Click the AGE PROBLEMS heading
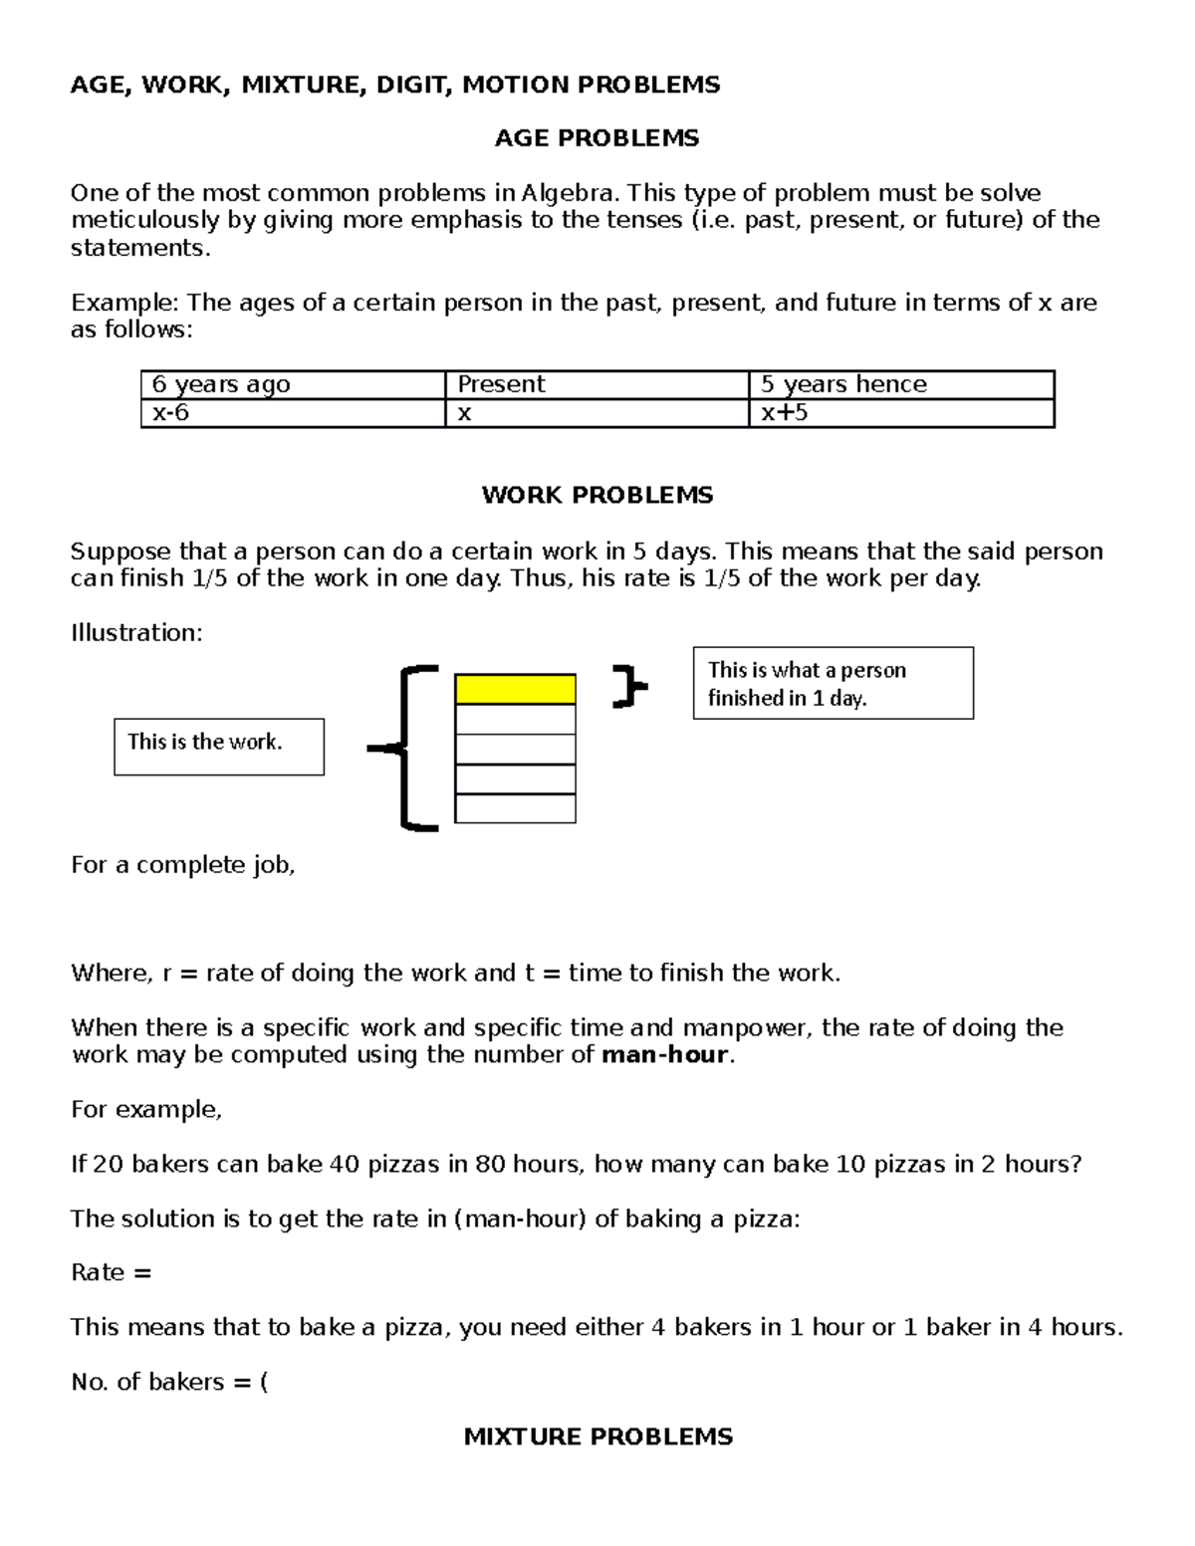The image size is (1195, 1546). coord(597,138)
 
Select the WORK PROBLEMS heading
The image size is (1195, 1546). coord(597,495)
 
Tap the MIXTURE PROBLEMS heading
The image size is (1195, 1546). coord(597,1436)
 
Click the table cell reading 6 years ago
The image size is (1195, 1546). coord(293,384)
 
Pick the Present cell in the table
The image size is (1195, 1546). coord(596,384)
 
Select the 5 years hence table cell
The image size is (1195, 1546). coord(900,384)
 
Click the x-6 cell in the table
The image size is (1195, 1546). coord(293,413)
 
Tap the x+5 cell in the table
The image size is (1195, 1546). coord(900,413)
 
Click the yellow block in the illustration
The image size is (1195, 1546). coord(515,689)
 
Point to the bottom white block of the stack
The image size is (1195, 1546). coord(515,808)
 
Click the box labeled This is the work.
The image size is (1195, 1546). coord(219,747)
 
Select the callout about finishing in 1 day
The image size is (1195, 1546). coord(833,683)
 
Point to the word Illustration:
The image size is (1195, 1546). coord(136,633)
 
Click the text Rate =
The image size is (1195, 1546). coord(111,1272)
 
